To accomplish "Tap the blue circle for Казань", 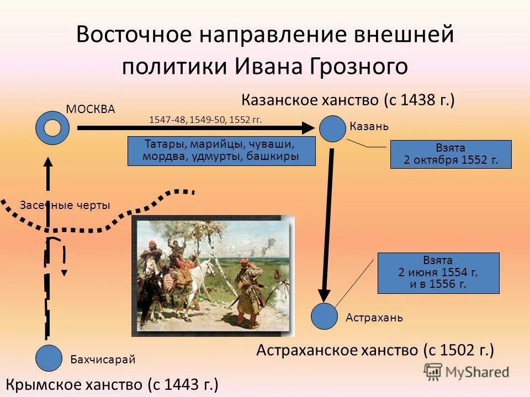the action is coord(332,128).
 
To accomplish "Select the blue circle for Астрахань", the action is coord(324,316).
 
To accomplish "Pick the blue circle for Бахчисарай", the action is coord(49,358).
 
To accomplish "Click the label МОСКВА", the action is coord(91,109).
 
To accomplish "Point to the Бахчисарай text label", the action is coord(103,360).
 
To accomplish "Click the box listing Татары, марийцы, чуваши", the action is coord(221,151).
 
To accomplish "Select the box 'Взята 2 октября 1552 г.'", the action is coord(451,154).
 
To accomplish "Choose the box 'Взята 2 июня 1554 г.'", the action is coord(438,273).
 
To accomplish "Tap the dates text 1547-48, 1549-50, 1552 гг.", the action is coord(205,120).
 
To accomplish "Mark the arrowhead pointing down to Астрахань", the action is coord(324,296).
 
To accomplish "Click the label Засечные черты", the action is coord(65,205).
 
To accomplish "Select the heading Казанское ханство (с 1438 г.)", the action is coord(348,100).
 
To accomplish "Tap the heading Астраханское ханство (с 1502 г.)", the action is coord(375,350).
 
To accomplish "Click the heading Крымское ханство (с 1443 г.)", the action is coord(112,384).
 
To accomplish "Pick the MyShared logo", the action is coord(466,372).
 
